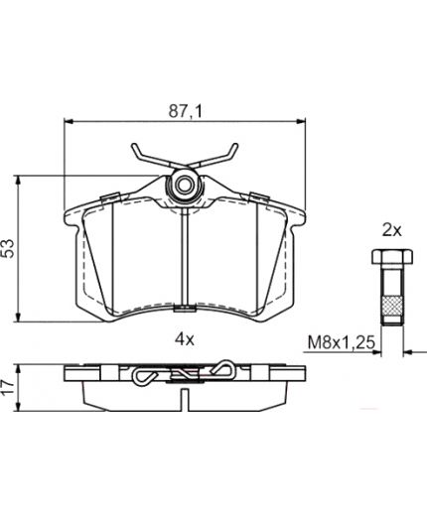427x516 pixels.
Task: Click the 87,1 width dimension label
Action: [x=185, y=111]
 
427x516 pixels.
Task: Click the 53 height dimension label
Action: [x=8, y=248]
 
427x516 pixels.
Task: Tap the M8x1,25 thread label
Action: [x=342, y=342]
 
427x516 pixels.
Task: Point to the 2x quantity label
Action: [x=392, y=230]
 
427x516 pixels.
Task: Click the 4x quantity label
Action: [x=185, y=339]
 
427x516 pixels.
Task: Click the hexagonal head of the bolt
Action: [x=392, y=257]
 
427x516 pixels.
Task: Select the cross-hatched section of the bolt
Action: [x=392, y=308]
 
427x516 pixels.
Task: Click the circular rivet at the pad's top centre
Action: [x=184, y=185]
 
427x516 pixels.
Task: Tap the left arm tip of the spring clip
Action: [x=134, y=146]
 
